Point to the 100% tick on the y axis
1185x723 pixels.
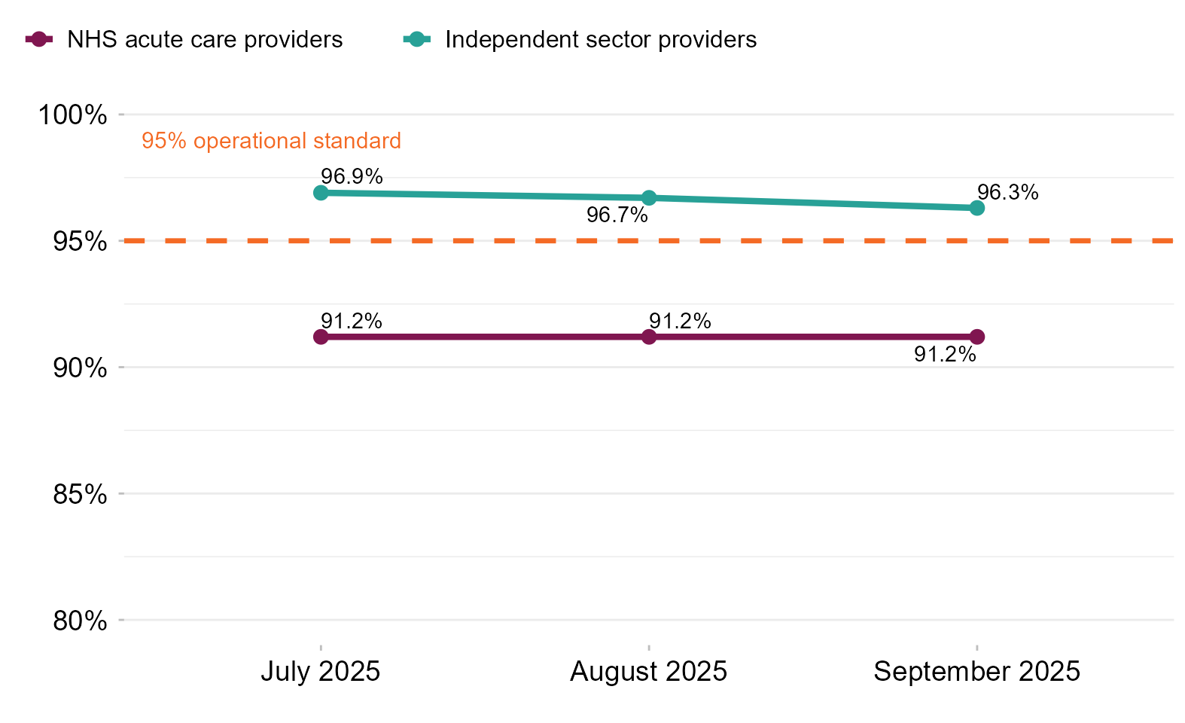pyautogui.click(x=73, y=115)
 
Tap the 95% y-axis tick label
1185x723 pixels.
pyautogui.click(x=79, y=242)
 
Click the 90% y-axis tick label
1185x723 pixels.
pyautogui.click(x=79, y=368)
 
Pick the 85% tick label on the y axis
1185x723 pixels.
pyautogui.click(x=79, y=495)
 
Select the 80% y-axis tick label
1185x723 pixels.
pyautogui.click(x=79, y=621)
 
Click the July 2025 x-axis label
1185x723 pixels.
pyautogui.click(x=321, y=671)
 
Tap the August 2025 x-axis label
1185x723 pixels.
pyautogui.click(x=649, y=671)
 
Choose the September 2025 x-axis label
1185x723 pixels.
pyautogui.click(x=976, y=671)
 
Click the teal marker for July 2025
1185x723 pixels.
pyautogui.click(x=321, y=193)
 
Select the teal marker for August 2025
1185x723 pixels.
pyautogui.click(x=649, y=198)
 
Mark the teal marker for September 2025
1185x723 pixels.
pyautogui.click(x=976, y=208)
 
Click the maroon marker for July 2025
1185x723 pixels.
pyautogui.click(x=321, y=337)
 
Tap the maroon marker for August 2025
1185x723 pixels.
pyautogui.click(x=649, y=337)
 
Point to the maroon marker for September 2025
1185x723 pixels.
pyautogui.click(x=976, y=337)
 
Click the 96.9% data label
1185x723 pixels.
pyautogui.click(x=352, y=177)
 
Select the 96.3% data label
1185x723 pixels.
pyautogui.click(x=1007, y=193)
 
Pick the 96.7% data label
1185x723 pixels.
pyautogui.click(x=617, y=215)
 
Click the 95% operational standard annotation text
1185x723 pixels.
pyautogui.click(x=271, y=141)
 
